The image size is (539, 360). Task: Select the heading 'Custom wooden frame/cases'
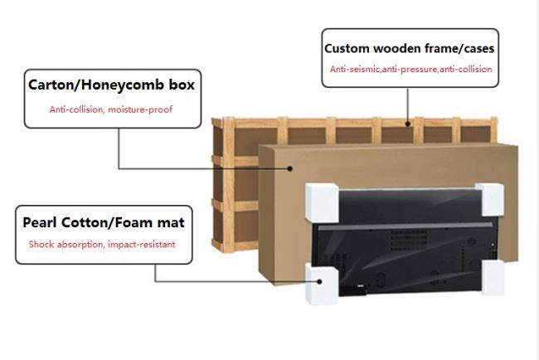[x=410, y=49]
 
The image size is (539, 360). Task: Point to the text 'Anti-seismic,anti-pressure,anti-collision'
[x=410, y=70]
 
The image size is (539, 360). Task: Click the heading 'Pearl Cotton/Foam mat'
[x=104, y=222]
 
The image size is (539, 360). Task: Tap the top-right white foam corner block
[x=490, y=197]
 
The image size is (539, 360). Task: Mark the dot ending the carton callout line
[x=291, y=168]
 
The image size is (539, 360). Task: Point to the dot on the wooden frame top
[x=408, y=124]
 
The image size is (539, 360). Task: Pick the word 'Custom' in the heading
[x=347, y=49]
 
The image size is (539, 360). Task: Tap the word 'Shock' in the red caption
[x=41, y=245]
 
